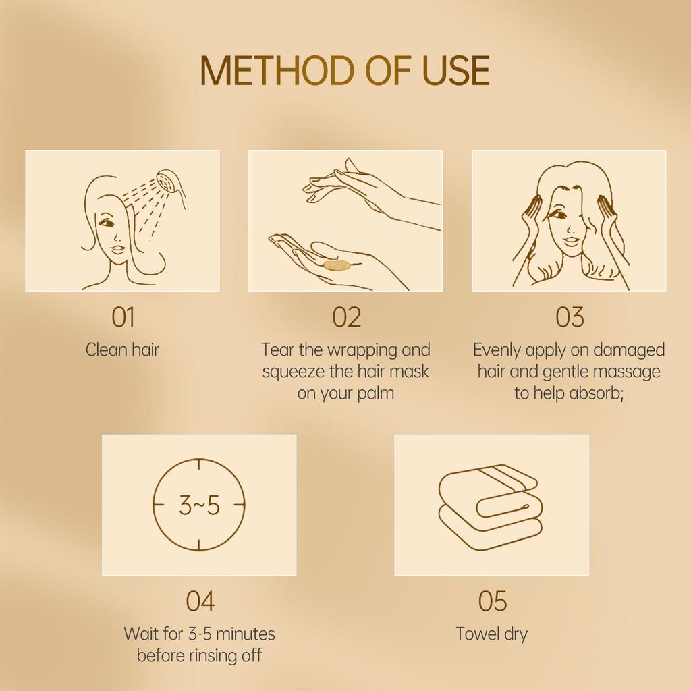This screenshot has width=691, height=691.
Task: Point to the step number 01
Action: (x=123, y=317)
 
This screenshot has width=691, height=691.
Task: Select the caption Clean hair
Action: (x=123, y=350)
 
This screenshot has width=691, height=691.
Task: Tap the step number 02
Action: (x=347, y=317)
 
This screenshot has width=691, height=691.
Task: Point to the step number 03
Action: (x=570, y=317)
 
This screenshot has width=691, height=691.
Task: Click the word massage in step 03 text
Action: (x=628, y=371)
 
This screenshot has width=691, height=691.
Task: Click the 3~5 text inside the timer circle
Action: (x=199, y=505)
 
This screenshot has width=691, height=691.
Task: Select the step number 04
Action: (x=200, y=601)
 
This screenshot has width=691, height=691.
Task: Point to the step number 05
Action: (x=493, y=601)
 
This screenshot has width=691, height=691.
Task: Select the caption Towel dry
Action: (x=491, y=634)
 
